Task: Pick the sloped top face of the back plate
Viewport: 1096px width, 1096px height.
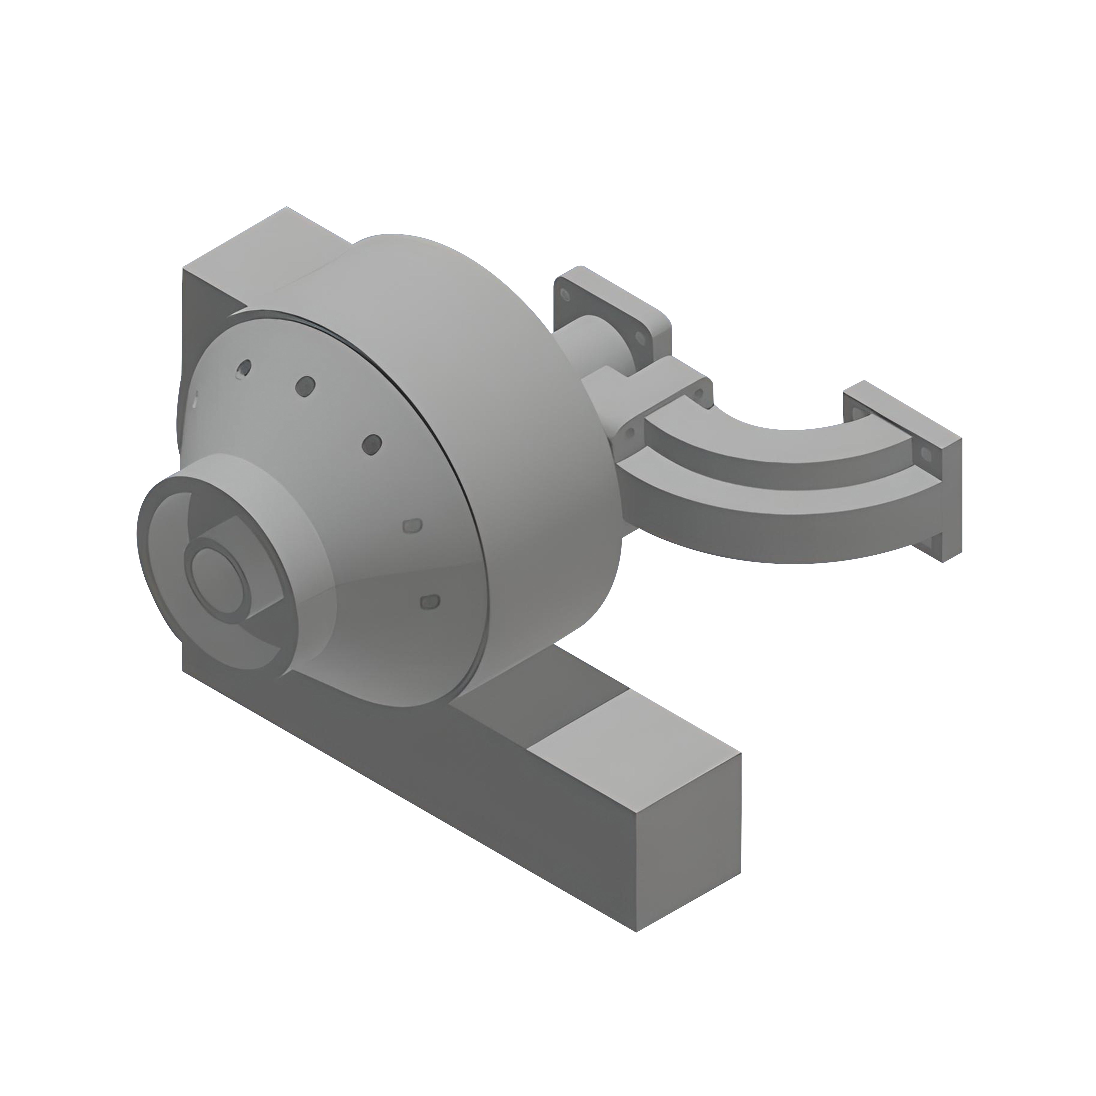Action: [255, 249]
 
